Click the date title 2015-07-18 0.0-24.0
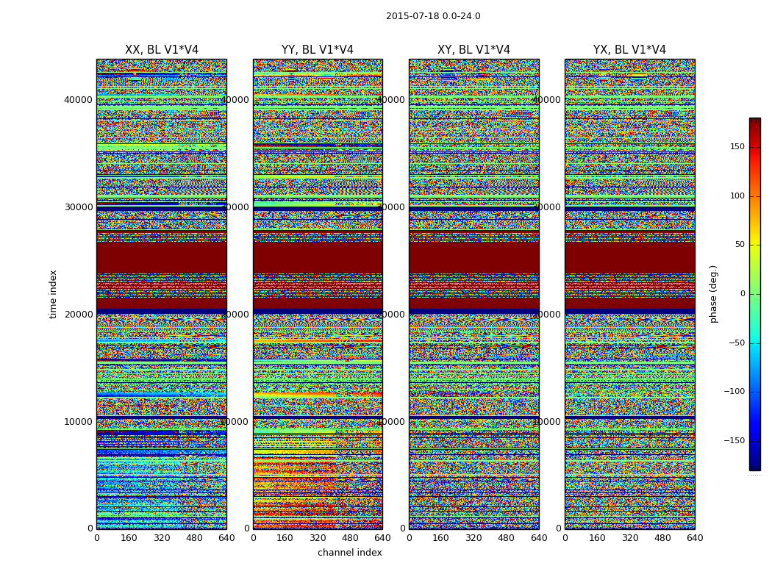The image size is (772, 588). click(433, 16)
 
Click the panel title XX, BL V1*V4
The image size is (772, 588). click(162, 50)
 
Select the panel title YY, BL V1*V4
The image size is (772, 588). click(318, 50)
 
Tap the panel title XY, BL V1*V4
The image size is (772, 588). click(473, 50)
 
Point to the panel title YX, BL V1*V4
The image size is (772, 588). click(629, 50)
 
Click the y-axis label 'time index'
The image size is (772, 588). click(53, 293)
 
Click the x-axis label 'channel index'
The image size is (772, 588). click(350, 553)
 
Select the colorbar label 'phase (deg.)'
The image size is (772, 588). click(713, 294)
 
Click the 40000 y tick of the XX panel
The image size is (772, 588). click(79, 100)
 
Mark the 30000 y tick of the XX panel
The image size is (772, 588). click(79, 207)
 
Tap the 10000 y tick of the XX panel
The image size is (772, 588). click(79, 422)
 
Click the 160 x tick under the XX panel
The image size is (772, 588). click(129, 538)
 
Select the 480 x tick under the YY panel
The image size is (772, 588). click(350, 538)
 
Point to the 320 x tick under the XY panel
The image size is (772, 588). click(473, 538)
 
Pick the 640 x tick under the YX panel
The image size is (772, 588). click(695, 538)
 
